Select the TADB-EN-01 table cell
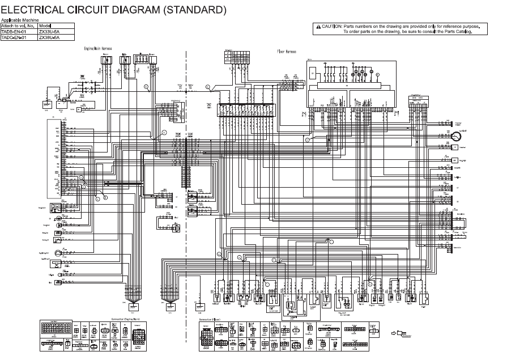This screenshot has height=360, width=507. coord(14,32)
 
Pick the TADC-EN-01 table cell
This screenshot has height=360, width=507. coord(14,37)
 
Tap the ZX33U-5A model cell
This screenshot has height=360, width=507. coord(49,32)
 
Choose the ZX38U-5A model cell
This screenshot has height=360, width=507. coord(49,37)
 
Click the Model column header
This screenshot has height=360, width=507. coord(45,26)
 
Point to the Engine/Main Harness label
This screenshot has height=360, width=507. coord(98,49)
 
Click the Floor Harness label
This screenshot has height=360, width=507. coord(286,51)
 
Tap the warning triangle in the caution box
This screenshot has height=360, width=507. coord(318,27)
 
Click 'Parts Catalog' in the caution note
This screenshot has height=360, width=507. coord(458,32)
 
